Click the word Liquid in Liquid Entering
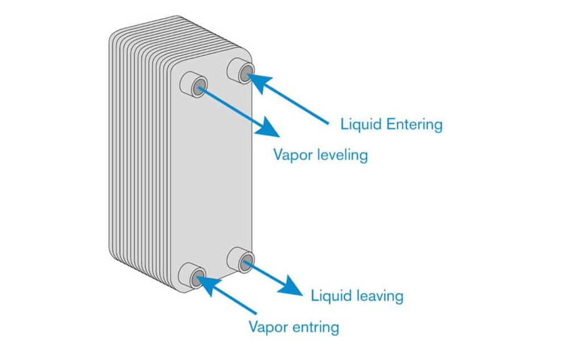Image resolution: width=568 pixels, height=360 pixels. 361,124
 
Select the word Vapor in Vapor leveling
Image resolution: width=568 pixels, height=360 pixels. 293,155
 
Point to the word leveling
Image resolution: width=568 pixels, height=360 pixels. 343,156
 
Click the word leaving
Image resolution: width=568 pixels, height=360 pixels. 381,296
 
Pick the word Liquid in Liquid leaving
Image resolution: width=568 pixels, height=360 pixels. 332,295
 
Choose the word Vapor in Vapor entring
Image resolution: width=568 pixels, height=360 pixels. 268,327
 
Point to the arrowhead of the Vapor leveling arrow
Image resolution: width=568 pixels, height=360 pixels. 269,127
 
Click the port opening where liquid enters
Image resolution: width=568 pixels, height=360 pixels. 246,73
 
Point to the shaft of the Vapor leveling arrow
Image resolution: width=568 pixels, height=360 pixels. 232,107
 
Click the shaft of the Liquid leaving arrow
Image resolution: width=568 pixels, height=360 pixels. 266,274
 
